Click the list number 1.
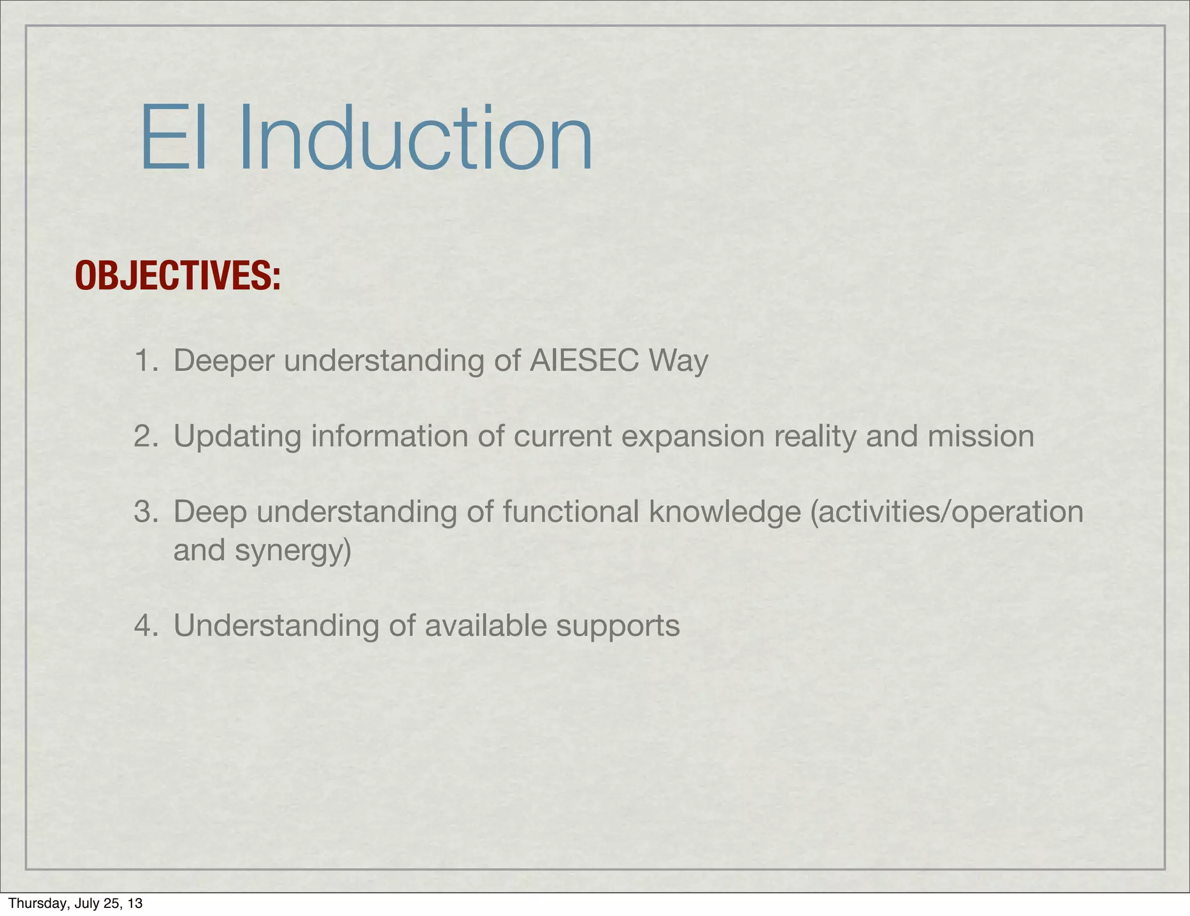(146, 360)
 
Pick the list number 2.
(146, 436)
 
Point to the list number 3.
(146, 512)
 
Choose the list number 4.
(146, 626)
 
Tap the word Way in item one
(679, 362)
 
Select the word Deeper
(224, 362)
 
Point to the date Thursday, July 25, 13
(76, 903)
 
